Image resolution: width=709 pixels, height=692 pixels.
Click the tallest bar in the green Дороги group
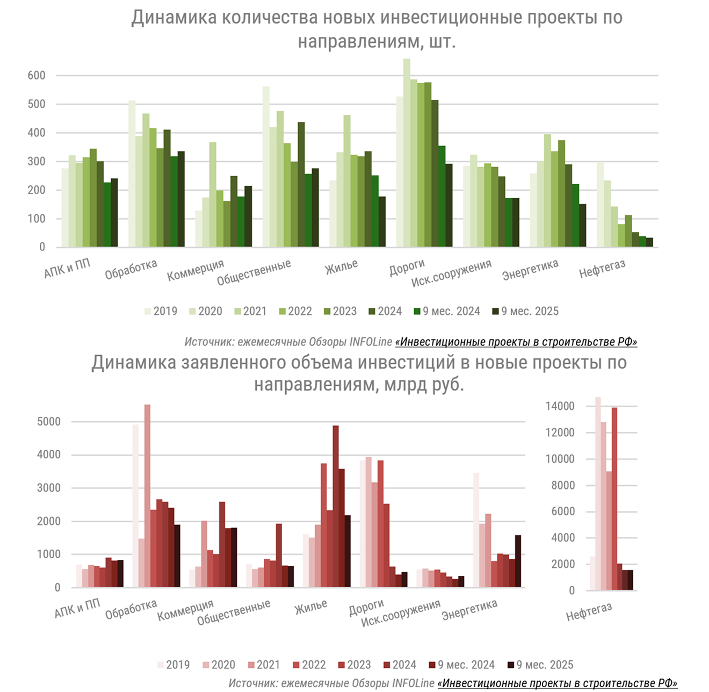(407, 153)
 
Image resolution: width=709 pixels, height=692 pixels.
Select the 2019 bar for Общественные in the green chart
(266, 167)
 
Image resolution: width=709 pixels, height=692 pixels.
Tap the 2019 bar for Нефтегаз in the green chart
(600, 204)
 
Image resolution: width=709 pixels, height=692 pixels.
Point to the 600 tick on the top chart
(37, 76)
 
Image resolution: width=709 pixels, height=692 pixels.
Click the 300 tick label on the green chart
(37, 162)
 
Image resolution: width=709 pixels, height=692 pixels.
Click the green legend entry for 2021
(250, 312)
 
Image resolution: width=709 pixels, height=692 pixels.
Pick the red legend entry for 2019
(173, 665)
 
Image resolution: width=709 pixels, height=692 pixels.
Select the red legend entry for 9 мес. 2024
(461, 665)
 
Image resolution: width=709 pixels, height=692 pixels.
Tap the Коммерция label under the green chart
(196, 270)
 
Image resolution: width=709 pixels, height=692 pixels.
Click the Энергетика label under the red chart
(469, 610)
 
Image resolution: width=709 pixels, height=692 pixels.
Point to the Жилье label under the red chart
(311, 608)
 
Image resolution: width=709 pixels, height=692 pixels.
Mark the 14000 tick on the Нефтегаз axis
(560, 406)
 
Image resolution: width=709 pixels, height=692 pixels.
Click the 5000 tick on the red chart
(49, 422)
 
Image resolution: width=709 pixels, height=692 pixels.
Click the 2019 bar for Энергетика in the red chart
(476, 530)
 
